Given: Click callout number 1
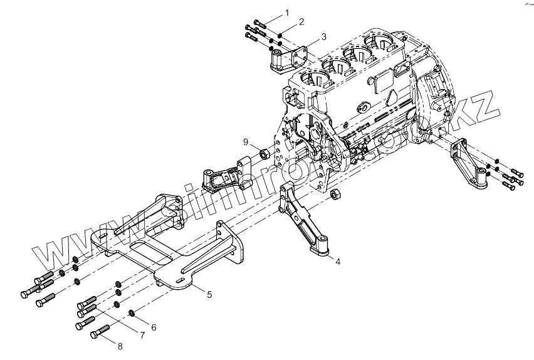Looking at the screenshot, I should [x=288, y=13].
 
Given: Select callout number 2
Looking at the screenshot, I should [x=301, y=22].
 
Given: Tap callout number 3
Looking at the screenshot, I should [x=323, y=36].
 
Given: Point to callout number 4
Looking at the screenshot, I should [x=338, y=260].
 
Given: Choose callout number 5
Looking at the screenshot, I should [x=209, y=294].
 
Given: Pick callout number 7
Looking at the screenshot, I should [x=142, y=336].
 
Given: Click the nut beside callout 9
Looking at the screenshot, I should [x=264, y=154].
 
